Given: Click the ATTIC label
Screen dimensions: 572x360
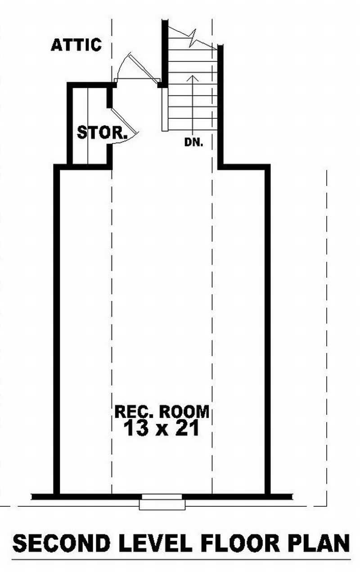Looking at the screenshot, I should click(76, 45).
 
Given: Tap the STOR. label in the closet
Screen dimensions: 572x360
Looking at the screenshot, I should click(101, 133).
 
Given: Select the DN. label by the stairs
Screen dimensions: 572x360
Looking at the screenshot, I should click(193, 143).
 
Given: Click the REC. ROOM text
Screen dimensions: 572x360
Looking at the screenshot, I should click(162, 411).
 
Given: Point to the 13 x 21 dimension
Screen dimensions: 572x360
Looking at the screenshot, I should click(162, 429).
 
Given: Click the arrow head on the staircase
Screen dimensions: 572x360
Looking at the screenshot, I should click(193, 77).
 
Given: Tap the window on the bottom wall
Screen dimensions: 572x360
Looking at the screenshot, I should click(162, 502).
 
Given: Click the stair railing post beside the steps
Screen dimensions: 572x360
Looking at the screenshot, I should click(165, 108).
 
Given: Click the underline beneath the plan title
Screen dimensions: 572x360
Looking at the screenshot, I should click(180, 560).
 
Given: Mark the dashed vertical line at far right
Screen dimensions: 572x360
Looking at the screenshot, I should click(326, 337).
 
